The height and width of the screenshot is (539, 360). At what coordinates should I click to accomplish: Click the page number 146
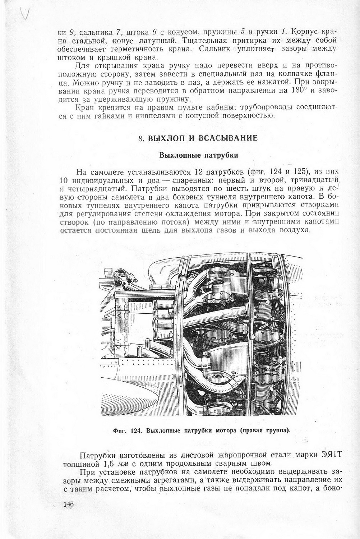coord(68,504)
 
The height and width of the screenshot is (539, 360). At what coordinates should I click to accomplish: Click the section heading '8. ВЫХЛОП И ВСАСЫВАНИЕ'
coord(198,138)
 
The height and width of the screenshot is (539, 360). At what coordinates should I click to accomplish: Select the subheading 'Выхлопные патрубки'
coord(199,156)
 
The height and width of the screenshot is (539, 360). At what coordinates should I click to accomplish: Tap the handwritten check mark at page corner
coord(25,14)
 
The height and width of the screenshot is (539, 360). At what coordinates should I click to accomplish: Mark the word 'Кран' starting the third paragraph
coord(85,107)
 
